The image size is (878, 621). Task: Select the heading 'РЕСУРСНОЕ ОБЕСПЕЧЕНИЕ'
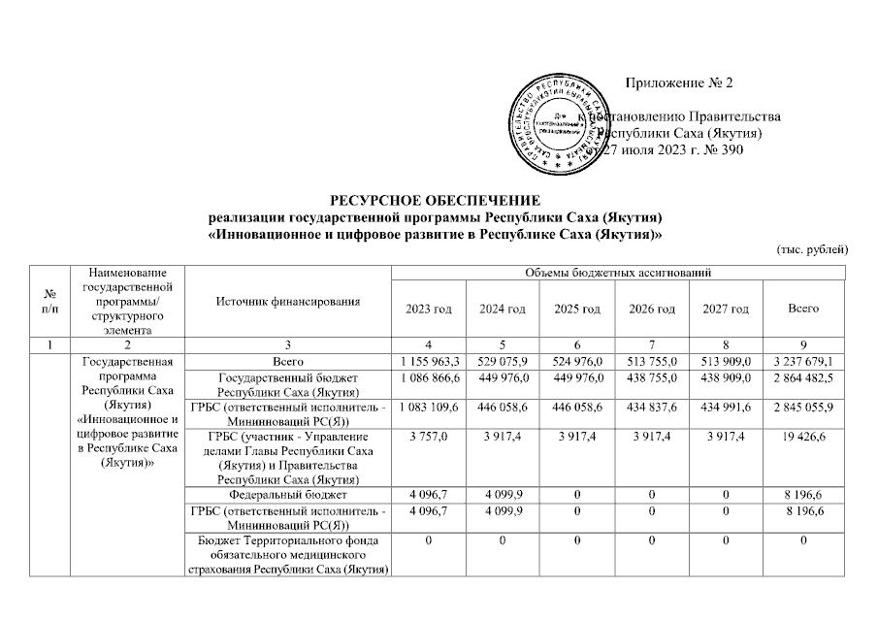point(439,200)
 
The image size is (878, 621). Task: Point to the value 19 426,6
point(804,438)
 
